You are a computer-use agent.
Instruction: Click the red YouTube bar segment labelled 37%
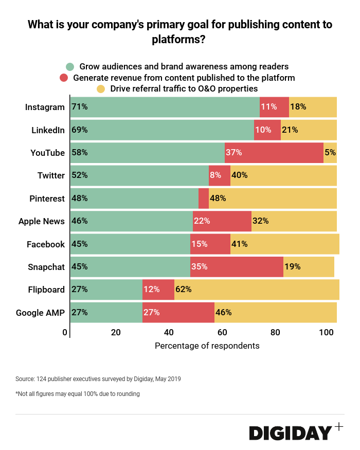click(274, 153)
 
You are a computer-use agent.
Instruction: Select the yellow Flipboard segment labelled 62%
click(257, 290)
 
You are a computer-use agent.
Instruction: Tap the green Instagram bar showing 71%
click(165, 107)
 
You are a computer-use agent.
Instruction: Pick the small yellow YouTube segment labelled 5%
click(330, 153)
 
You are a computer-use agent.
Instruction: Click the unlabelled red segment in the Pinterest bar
click(204, 199)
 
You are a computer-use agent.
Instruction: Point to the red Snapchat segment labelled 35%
click(237, 267)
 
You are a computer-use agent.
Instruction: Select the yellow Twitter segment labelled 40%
click(283, 175)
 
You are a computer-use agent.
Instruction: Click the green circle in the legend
click(70, 67)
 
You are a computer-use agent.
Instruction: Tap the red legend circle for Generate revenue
click(64, 78)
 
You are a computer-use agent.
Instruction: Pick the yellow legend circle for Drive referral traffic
click(101, 89)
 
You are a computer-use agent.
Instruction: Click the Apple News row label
click(41, 221)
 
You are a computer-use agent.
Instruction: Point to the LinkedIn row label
click(48, 130)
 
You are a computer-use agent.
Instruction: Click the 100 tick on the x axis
click(327, 333)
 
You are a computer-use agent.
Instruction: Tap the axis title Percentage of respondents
click(207, 346)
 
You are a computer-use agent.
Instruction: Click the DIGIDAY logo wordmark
click(291, 433)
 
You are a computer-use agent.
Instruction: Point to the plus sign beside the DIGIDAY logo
click(338, 426)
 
